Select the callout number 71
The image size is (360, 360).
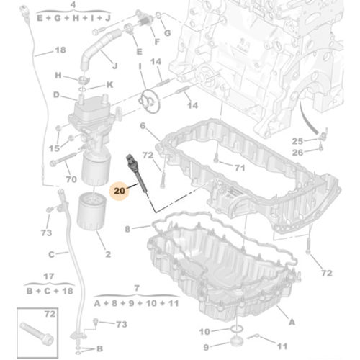(240, 168)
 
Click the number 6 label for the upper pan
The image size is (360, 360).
(143, 126)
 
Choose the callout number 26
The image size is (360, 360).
(297, 151)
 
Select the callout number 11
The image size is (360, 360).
(282, 344)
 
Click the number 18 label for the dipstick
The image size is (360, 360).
(60, 50)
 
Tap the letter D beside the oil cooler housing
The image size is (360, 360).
(56, 94)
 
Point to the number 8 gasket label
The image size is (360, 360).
(127, 230)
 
